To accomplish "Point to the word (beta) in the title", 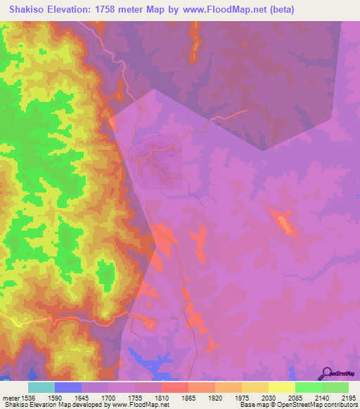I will tap(279, 10).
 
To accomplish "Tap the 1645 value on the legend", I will tap(95, 397).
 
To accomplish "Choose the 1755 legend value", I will tap(148, 397).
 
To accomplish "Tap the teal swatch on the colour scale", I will tap(41, 387).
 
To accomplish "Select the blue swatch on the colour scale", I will tap(67, 387).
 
